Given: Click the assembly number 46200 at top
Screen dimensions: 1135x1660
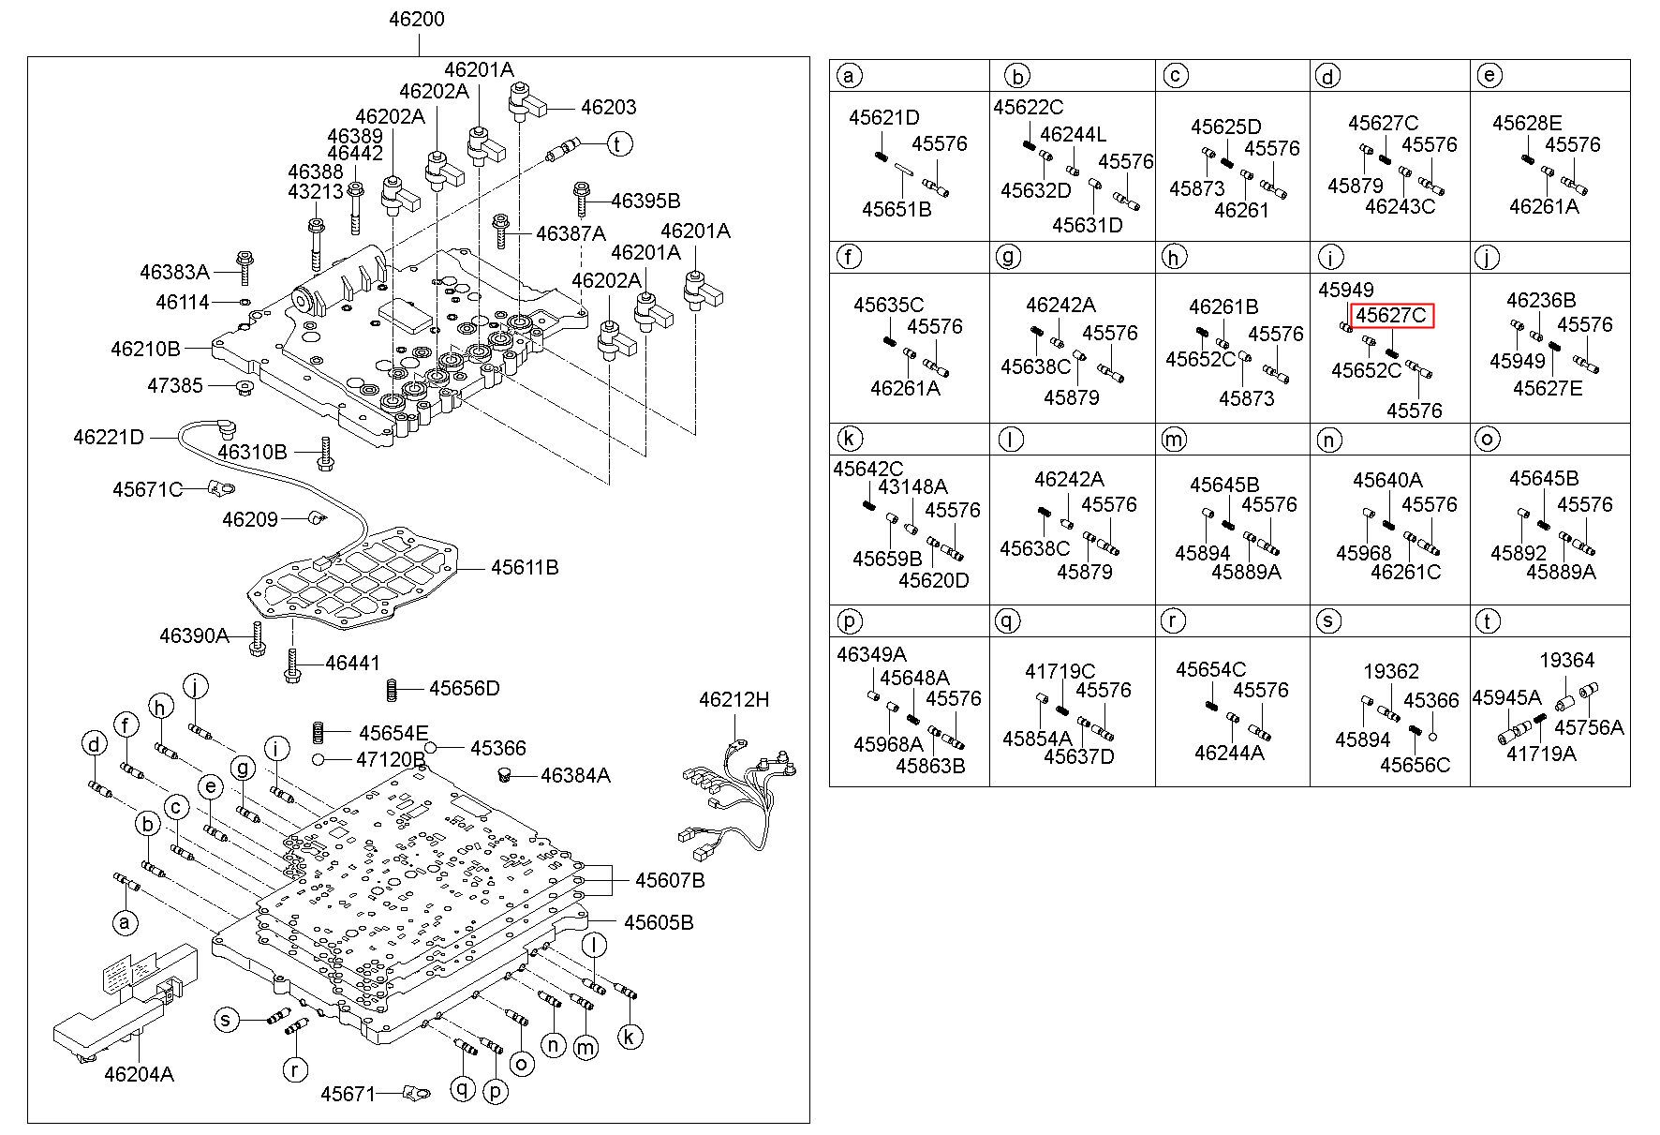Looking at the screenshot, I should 417,19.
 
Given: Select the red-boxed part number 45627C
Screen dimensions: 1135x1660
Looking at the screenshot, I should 1391,316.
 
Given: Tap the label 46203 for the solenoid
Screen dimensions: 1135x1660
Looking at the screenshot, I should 608,108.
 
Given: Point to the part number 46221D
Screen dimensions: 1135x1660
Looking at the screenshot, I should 109,437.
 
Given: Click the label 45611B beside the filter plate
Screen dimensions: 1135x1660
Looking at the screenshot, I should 525,567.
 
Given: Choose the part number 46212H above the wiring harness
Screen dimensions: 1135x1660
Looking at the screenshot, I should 734,699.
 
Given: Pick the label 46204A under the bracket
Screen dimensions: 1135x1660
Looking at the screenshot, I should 139,1074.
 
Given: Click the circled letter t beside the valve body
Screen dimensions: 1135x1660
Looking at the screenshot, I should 618,143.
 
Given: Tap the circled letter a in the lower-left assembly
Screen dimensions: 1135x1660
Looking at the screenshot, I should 123,923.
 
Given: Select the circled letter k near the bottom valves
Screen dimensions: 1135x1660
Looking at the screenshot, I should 630,1037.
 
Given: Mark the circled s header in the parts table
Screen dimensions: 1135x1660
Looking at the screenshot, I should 1328,620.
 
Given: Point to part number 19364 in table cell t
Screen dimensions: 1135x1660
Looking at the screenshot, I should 1566,661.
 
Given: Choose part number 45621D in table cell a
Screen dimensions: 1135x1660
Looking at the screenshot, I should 883,118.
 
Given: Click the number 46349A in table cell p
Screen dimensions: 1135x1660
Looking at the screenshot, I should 871,655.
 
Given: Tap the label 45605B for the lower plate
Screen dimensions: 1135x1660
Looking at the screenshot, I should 659,922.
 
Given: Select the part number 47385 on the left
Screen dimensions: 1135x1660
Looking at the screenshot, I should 175,385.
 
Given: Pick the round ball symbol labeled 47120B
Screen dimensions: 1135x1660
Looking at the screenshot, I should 319,759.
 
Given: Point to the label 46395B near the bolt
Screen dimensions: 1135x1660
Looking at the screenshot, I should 645,201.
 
